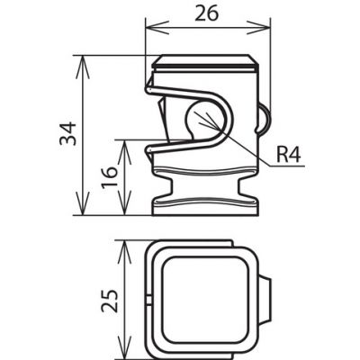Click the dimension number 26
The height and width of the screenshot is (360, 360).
pos(206,14)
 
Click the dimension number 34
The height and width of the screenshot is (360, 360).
pos(67,133)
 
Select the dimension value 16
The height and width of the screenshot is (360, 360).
pos(110,177)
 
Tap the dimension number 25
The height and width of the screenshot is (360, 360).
pos(109,301)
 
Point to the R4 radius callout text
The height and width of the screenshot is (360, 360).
pos(289,156)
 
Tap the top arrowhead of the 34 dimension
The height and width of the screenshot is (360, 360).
pos(82,67)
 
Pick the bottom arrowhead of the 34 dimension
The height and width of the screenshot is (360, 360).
pos(82,203)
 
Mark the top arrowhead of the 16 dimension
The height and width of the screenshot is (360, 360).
pos(124,151)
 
